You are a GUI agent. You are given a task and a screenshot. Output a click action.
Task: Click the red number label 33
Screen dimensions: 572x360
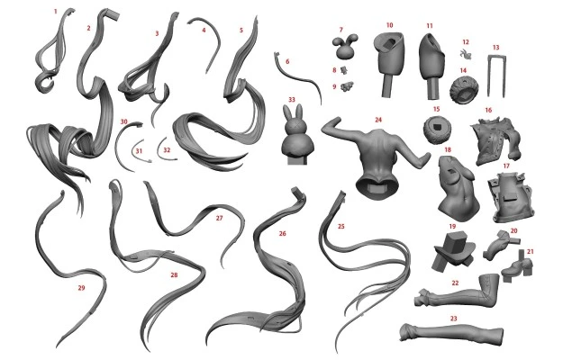292,99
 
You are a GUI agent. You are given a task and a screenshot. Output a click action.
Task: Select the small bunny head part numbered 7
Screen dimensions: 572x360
345,46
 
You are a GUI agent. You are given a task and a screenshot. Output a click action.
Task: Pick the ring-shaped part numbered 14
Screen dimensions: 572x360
463,89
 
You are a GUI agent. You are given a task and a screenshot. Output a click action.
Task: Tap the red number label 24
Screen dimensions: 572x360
378,120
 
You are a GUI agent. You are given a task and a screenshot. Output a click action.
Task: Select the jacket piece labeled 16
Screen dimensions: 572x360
496,140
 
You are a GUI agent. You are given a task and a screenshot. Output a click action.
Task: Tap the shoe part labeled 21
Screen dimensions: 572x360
518,268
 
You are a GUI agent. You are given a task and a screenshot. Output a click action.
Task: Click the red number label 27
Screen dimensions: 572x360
219,218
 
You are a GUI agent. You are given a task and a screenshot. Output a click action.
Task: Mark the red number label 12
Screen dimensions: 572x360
465,42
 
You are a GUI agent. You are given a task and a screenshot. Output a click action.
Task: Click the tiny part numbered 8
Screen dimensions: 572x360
343,69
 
